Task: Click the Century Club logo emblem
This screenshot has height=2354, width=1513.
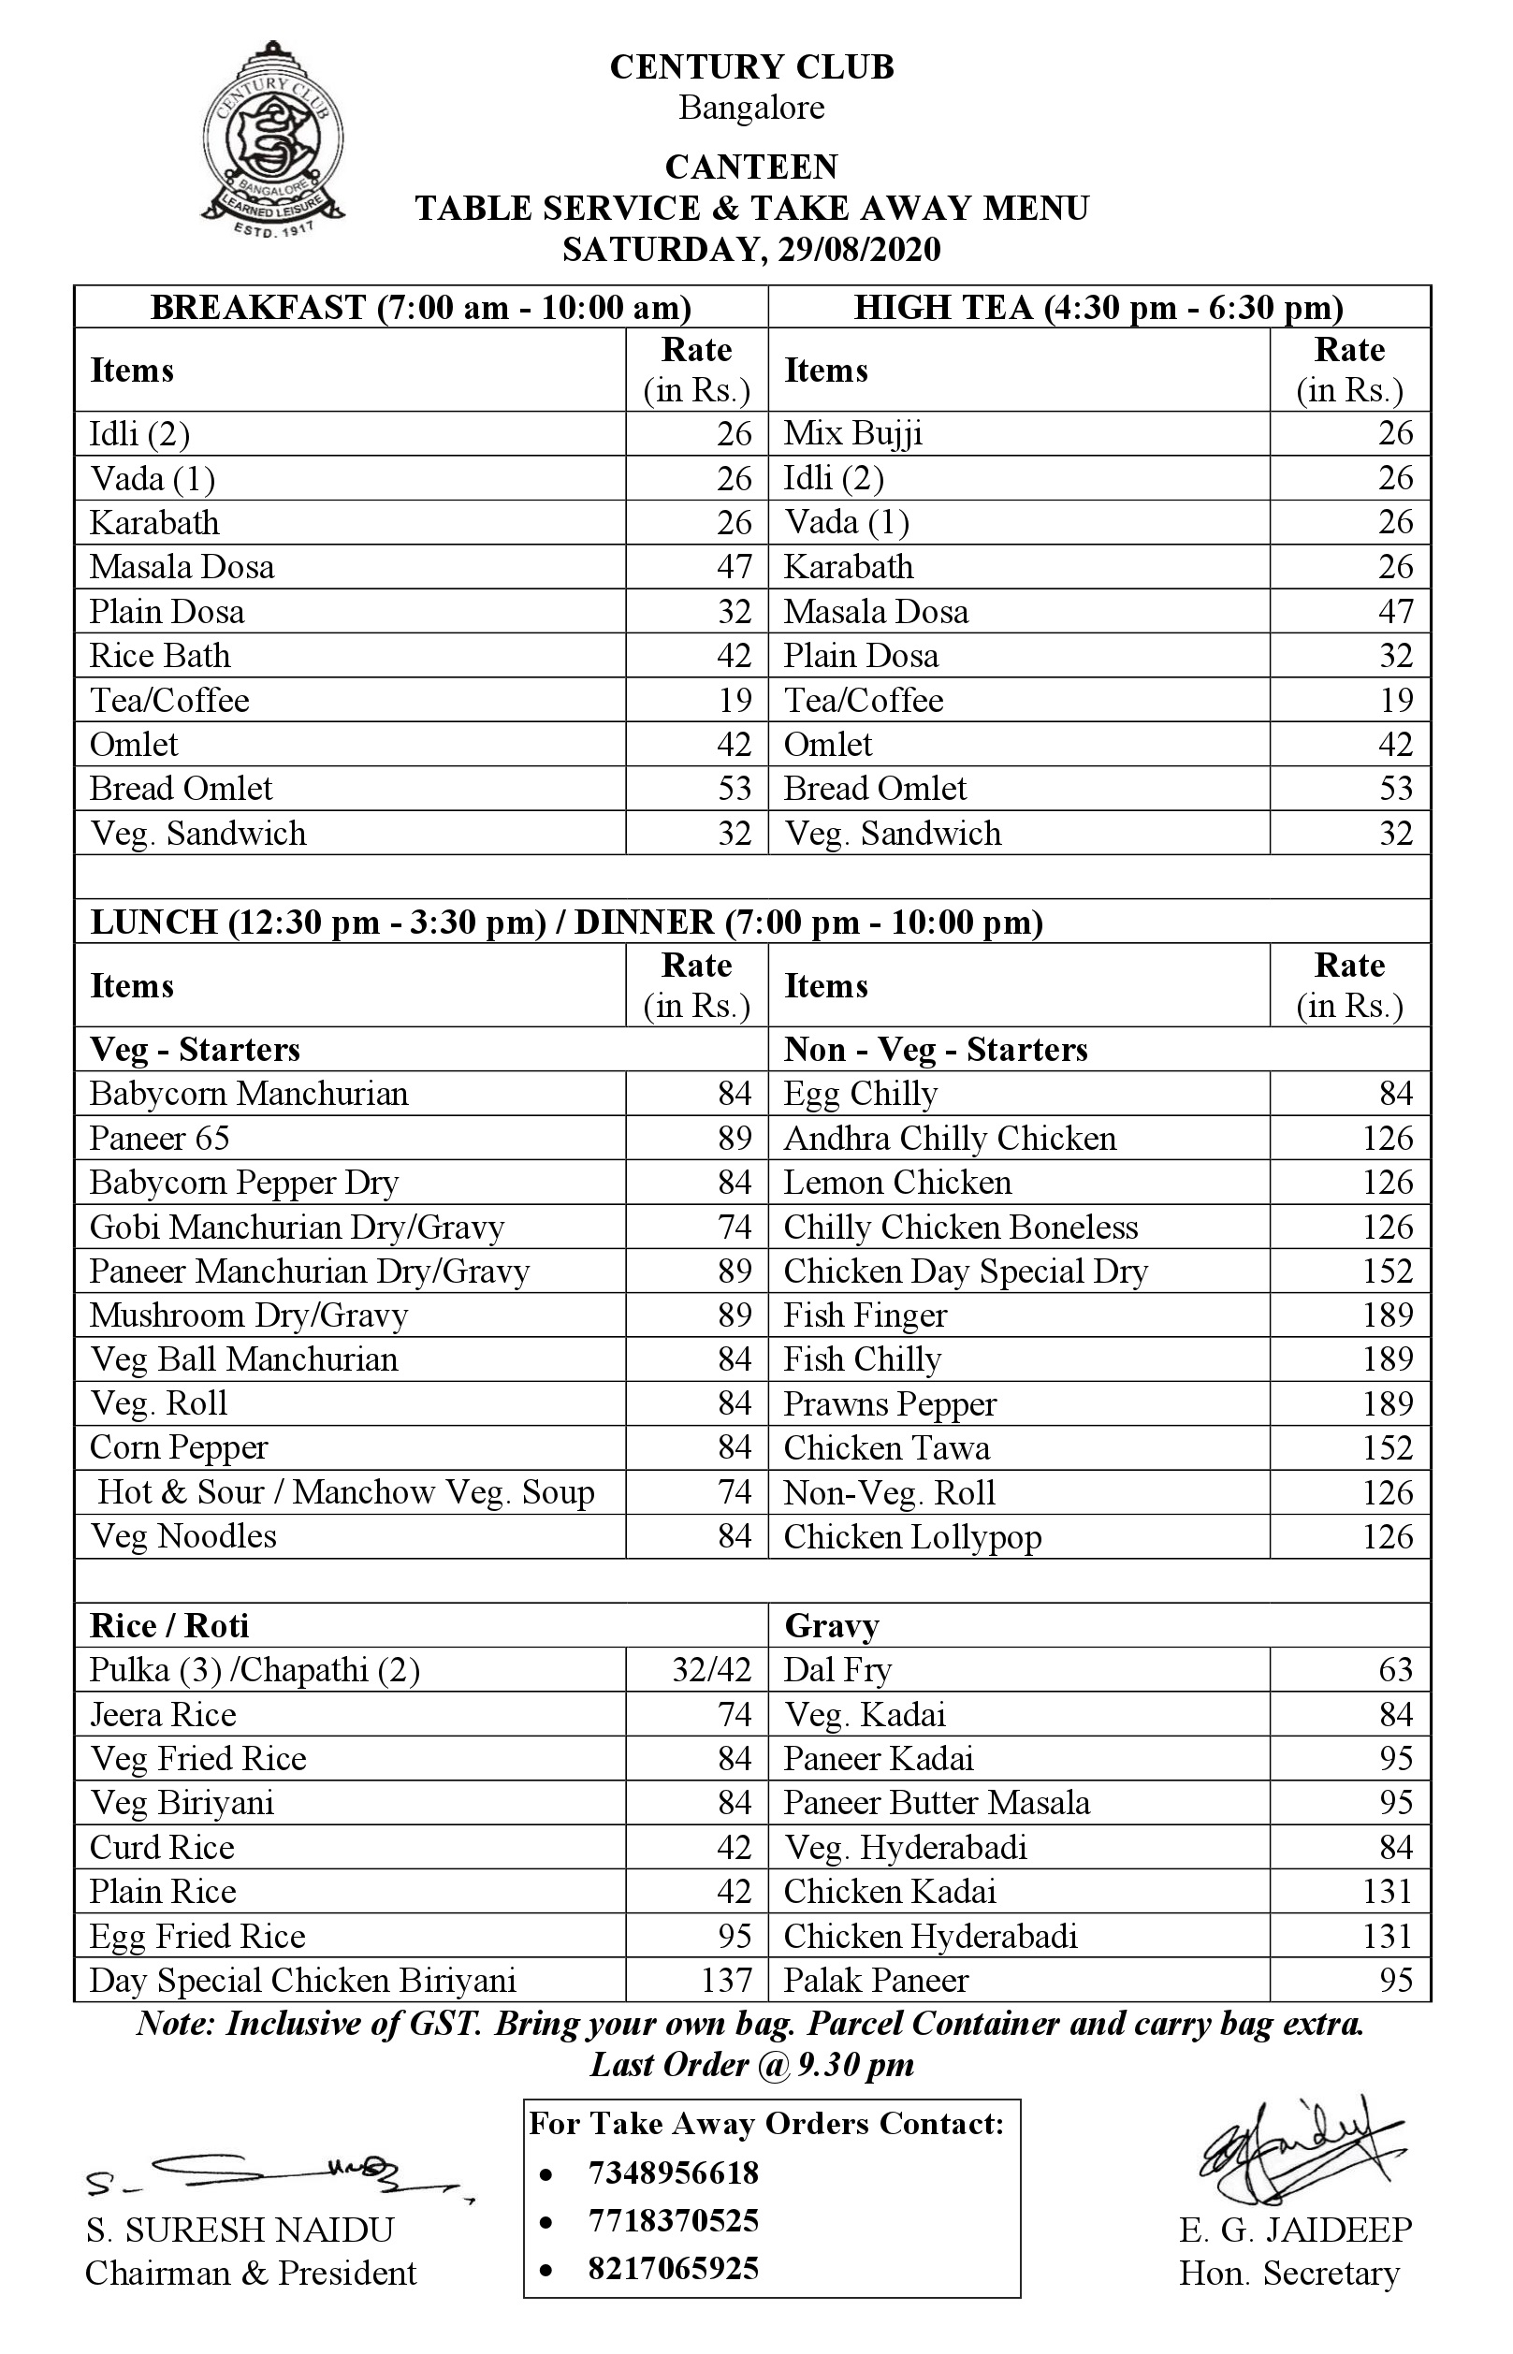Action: [x=272, y=138]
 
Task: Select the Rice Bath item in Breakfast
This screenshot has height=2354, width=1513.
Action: [x=160, y=655]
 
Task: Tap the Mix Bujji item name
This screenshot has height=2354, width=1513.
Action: [x=852, y=433]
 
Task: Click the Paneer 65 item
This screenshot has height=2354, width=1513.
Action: [x=159, y=1138]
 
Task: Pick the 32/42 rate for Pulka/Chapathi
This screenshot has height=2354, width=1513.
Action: [x=711, y=1669]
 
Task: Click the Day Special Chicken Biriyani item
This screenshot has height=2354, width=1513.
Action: [x=302, y=1980]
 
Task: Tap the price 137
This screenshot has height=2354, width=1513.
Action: [x=726, y=1980]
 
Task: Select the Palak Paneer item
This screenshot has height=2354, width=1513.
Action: [x=876, y=1980]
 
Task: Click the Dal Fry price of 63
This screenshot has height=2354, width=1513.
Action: [x=1394, y=1669]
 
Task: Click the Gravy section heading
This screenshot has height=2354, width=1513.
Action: [x=831, y=1626]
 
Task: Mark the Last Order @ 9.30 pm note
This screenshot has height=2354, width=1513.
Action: [x=751, y=2064]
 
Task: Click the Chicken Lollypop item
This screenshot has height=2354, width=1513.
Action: [x=911, y=1536]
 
